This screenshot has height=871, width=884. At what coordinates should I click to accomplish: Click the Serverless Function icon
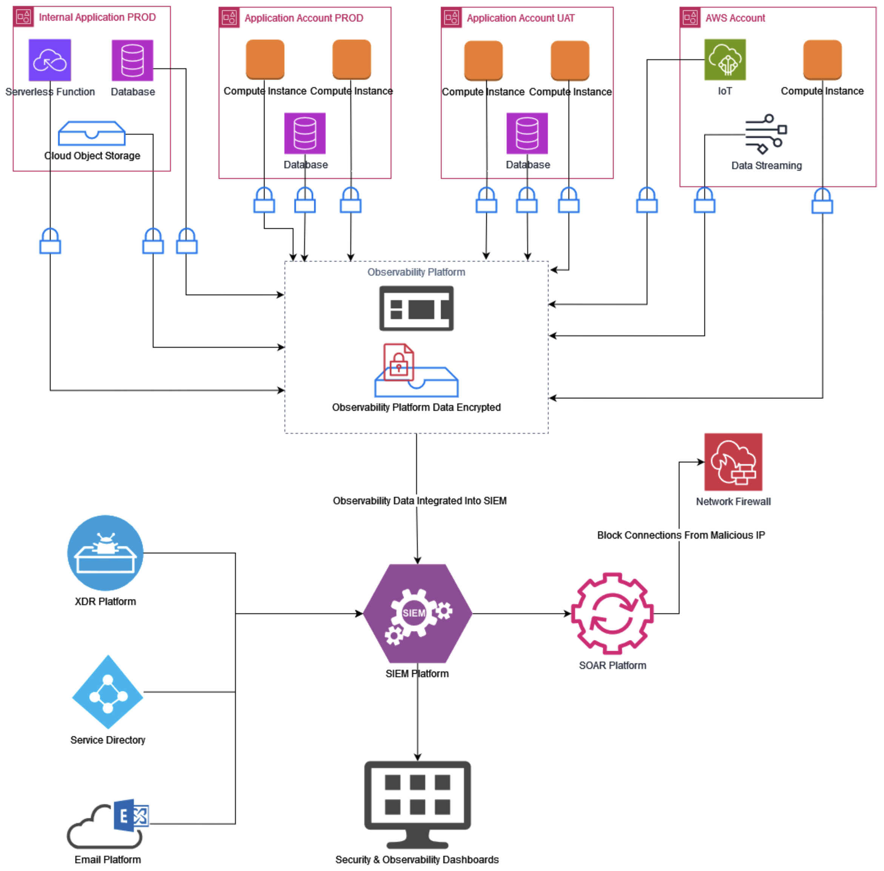pos(49,60)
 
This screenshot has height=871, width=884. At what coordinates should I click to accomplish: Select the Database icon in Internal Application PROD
pos(132,60)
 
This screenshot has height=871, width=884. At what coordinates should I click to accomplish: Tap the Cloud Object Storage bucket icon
pos(92,133)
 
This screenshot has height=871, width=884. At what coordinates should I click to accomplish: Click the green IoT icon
pos(725,60)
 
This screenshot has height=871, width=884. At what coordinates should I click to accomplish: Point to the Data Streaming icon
pos(766,134)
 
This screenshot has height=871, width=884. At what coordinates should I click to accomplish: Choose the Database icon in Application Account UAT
pos(527,133)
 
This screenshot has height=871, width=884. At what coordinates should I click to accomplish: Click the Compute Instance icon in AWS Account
pos(822,60)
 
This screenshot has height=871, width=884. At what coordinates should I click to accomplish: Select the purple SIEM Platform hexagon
pos(417,613)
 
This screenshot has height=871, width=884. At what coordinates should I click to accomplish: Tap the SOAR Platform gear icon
pos(612,613)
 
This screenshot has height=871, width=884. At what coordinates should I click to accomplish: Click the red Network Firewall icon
pos(733,462)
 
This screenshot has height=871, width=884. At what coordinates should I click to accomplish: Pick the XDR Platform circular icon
pos(105,553)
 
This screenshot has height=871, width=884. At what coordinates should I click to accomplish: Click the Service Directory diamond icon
pos(108,692)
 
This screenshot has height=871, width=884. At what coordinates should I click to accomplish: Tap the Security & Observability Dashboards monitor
pos(417,804)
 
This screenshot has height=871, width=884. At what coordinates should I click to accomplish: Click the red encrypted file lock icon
pos(398,362)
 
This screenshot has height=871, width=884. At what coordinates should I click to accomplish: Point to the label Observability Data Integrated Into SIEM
pos(420,501)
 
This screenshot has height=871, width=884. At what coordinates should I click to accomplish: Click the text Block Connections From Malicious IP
pos(681,535)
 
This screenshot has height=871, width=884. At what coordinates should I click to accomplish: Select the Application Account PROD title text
pos(304,18)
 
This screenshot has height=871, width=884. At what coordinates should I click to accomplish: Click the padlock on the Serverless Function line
pos(50,241)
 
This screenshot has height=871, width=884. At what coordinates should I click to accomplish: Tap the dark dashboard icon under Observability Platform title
pos(417,308)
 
